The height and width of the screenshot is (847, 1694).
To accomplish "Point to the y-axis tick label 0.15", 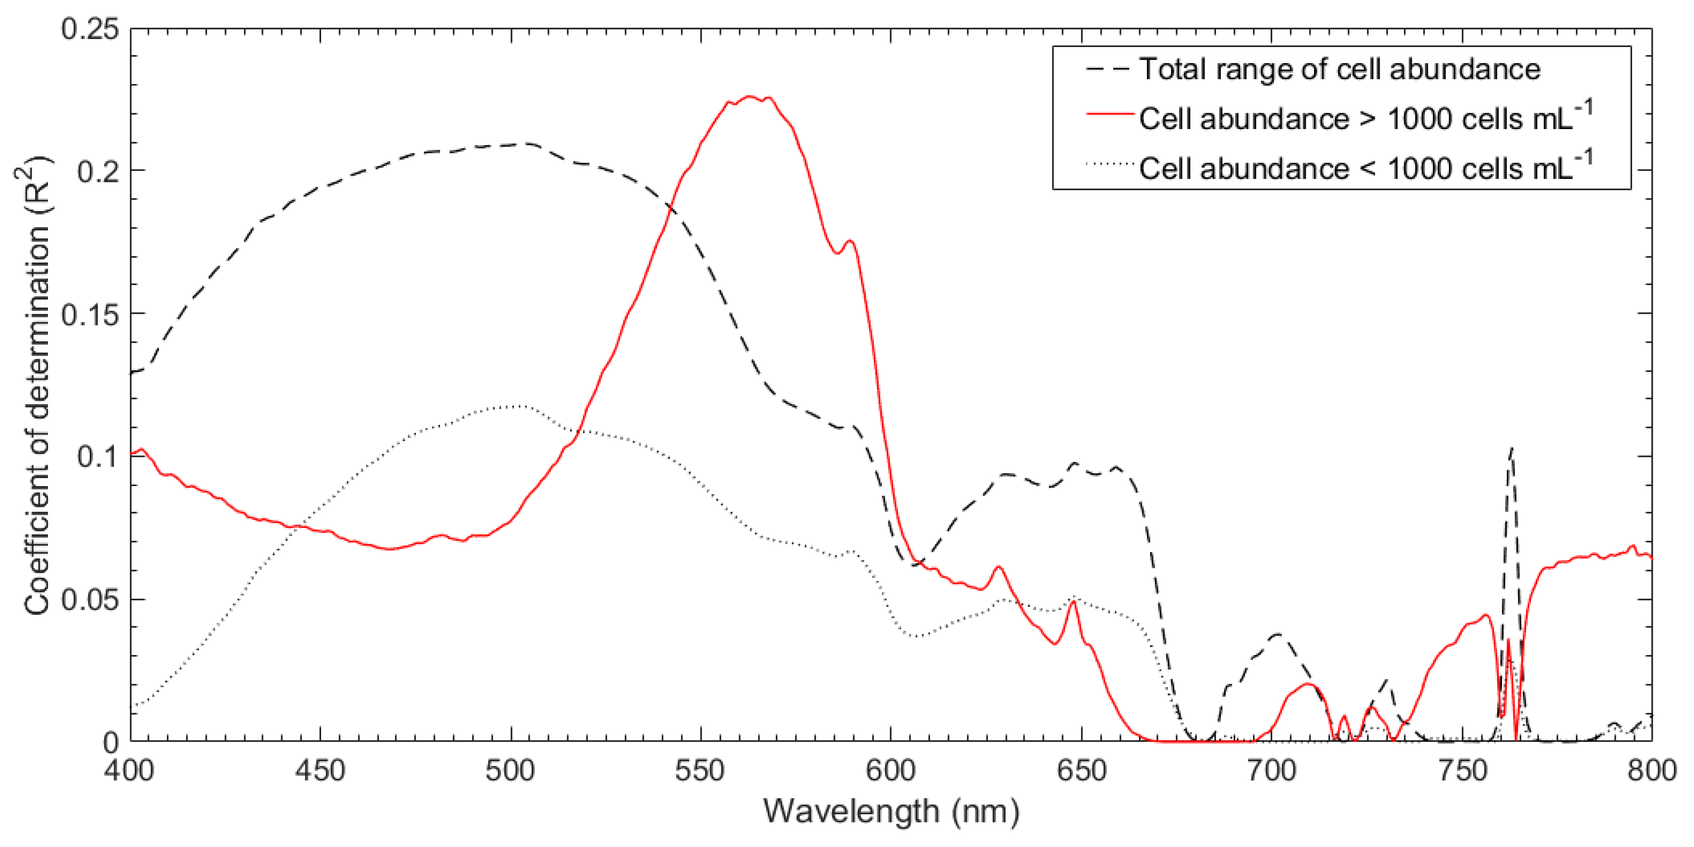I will pyautogui.click(x=91, y=314).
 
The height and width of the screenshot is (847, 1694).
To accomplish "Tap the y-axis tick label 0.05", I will pyautogui.click(x=91, y=600).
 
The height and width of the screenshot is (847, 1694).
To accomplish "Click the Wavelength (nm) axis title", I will pyautogui.click(x=891, y=811).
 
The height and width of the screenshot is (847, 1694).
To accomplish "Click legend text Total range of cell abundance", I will pyautogui.click(x=1339, y=69).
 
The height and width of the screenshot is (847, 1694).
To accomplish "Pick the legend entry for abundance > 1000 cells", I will pyautogui.click(x=1365, y=119).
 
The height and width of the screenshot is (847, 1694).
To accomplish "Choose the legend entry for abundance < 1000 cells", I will pyautogui.click(x=1365, y=168).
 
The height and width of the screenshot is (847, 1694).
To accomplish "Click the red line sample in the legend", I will pyautogui.click(x=1110, y=114).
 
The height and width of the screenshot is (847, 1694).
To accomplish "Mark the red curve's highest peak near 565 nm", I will pyautogui.click(x=750, y=96).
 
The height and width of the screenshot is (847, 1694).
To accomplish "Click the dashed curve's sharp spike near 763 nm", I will pyautogui.click(x=1512, y=449).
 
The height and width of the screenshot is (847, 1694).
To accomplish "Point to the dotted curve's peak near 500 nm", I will pyautogui.click(x=520, y=406).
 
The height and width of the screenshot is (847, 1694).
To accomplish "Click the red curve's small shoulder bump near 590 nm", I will pyautogui.click(x=850, y=241).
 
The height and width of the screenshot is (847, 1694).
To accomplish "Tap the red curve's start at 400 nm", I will pyautogui.click(x=132, y=454).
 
